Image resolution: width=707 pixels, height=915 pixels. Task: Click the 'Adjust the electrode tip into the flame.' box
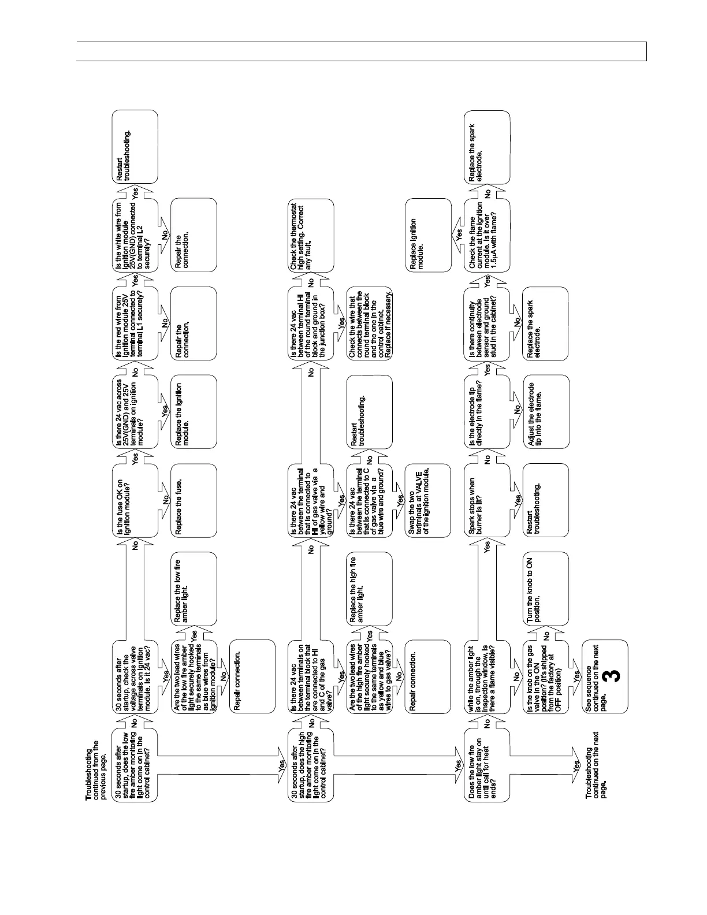[545, 411]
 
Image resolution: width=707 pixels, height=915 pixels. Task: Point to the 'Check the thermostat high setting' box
[311, 236]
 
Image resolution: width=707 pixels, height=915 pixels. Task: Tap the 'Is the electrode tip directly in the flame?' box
[487, 411]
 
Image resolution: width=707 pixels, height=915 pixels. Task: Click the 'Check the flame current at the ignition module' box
[487, 236]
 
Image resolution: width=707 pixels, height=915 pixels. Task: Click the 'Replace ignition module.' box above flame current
[428, 236]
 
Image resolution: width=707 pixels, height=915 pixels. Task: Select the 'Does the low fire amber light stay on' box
[487, 764]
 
